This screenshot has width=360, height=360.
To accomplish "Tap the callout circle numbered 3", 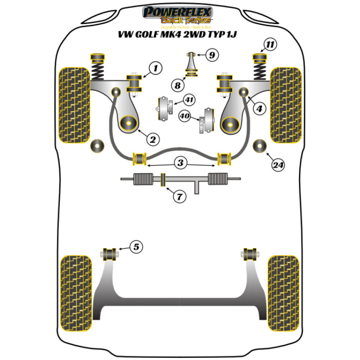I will (180, 163).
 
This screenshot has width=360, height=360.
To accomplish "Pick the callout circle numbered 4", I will (259, 109).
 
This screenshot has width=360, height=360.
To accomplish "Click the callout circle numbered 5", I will (136, 247).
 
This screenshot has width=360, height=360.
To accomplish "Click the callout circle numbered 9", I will (212, 55).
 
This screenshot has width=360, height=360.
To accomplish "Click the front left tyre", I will (74, 105).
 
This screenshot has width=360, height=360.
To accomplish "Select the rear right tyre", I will (283, 293).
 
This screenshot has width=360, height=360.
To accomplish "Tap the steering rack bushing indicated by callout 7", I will (162, 180).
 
